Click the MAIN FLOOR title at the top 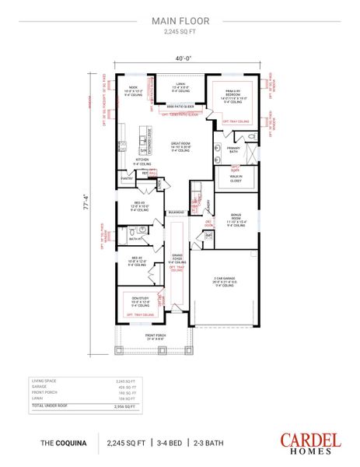[x=180, y=23]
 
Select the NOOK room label [x=132, y=88]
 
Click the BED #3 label [x=138, y=207]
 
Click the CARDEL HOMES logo [x=310, y=443]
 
